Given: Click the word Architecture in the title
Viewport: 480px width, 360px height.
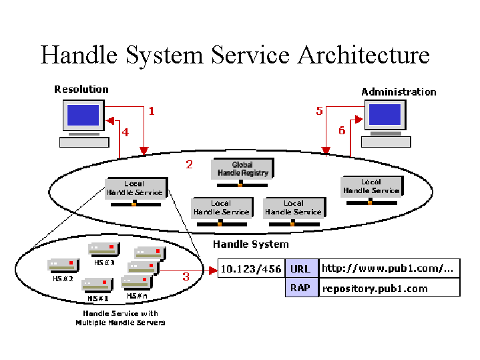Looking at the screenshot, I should pos(363,55).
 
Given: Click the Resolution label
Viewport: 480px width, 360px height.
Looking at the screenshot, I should pos(81,89).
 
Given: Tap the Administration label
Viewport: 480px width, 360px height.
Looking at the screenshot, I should pos(399,92).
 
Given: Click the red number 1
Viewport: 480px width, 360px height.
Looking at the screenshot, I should pos(152,111).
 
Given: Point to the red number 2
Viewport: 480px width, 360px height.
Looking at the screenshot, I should pos(189,164).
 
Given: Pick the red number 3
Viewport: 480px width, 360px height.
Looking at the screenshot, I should pos(186,276).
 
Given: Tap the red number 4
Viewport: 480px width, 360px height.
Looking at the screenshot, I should pos(125,132).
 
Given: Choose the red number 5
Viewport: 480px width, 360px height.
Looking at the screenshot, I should pos(320,111).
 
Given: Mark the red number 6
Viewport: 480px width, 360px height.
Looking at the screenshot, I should pos(342,131).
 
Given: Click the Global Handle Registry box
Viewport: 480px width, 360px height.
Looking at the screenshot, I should pos(242,168).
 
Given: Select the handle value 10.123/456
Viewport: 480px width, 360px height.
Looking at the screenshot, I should pos(251,269).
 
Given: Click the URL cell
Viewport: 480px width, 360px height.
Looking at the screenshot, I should pos(301,269).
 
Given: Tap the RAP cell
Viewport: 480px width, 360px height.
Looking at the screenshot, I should pos(301,288).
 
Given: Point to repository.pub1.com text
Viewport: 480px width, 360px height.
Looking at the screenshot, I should pos(375,289).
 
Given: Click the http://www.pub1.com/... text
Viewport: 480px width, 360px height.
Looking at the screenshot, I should pos(388,269).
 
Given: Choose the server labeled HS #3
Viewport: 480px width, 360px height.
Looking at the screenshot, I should pos(103,249).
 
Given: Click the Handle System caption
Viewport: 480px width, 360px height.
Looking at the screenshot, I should pos(250,244).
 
